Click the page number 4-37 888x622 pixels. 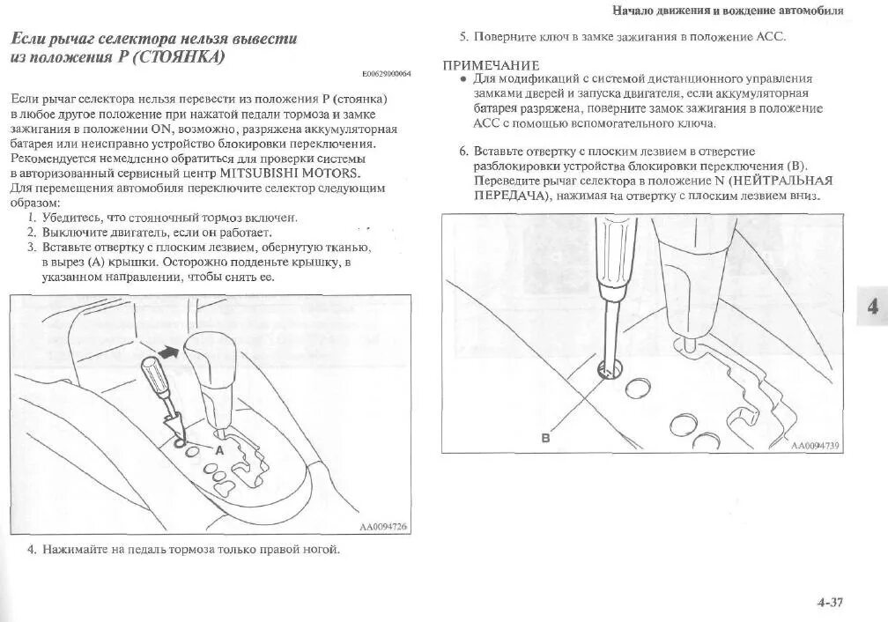830,603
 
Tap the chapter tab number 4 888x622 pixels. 872,307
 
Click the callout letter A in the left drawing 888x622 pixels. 220,449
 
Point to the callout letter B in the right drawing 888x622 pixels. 544,438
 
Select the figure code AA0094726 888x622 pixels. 383,527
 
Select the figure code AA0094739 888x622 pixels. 815,446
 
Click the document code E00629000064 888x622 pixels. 386,74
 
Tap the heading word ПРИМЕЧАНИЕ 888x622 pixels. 491,66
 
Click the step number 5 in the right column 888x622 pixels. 462,37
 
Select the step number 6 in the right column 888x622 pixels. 462,151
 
